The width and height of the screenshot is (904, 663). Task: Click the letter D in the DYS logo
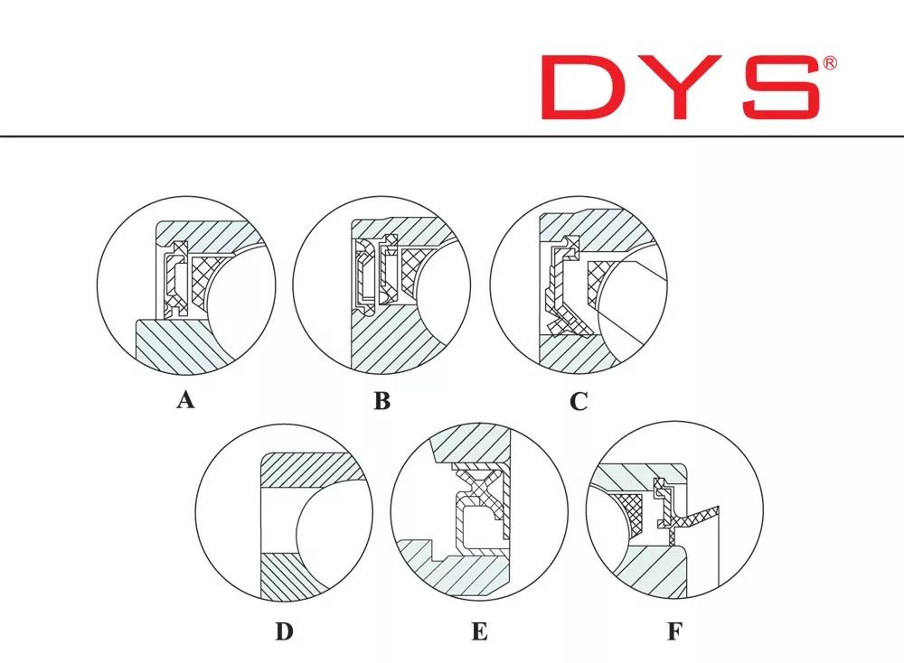pos(577,88)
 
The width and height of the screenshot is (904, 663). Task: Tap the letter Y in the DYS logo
pos(679,88)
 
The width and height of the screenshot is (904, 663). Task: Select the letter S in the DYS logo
pos(781,88)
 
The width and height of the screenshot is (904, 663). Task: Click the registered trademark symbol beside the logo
pos(830,63)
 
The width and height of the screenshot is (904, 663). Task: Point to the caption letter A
pos(185,400)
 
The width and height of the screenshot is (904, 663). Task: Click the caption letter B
pos(381,400)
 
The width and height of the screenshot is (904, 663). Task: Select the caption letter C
pos(579,401)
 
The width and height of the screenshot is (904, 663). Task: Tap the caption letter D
pos(284,631)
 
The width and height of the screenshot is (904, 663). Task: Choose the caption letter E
pos(479,631)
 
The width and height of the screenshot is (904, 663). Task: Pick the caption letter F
pos(674,631)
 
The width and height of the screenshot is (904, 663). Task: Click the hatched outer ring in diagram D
pos(311,468)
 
